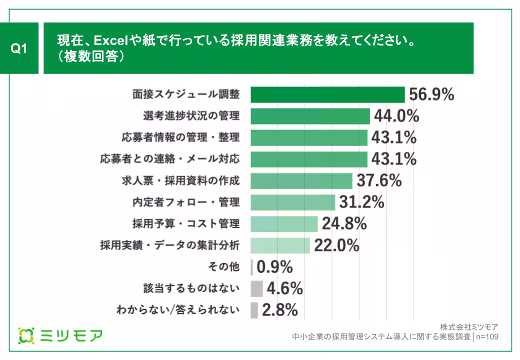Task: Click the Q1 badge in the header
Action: (x=18, y=48)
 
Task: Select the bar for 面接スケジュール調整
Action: (x=327, y=94)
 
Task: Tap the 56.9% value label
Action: (x=431, y=94)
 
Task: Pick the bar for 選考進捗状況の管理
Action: (x=309, y=116)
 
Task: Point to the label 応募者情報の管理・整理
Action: (x=180, y=137)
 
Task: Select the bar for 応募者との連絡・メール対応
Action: (x=308, y=159)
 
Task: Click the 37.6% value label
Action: (x=379, y=180)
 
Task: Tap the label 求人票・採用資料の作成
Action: (x=180, y=180)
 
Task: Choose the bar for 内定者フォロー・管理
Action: (x=292, y=202)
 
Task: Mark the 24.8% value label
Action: (x=344, y=224)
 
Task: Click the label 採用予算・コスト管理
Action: (x=185, y=224)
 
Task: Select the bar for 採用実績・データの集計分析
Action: (x=280, y=245)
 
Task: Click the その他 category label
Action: (x=223, y=267)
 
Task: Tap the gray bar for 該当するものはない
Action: (x=256, y=288)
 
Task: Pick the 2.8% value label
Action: (x=280, y=310)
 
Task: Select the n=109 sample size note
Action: (x=487, y=337)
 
